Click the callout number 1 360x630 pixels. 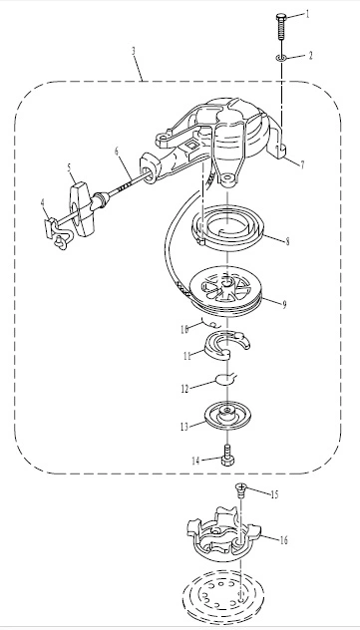tap(308, 15)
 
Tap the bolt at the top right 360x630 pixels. tap(281, 27)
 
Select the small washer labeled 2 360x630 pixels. tap(281, 58)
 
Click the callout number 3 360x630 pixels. tap(134, 51)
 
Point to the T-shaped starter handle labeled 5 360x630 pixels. tap(83, 209)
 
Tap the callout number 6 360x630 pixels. tap(117, 152)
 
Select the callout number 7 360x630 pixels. tap(302, 163)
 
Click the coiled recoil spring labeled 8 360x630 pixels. tap(227, 228)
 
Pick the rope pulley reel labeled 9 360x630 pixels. tap(225, 290)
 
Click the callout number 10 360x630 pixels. tap(184, 330)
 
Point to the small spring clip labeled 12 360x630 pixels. tap(226, 378)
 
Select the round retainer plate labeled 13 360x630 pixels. tap(227, 415)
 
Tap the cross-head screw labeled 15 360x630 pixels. tap(240, 490)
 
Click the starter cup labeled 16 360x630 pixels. tap(223, 533)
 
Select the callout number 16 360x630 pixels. tap(283, 540)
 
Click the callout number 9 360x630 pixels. tap(284, 305)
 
